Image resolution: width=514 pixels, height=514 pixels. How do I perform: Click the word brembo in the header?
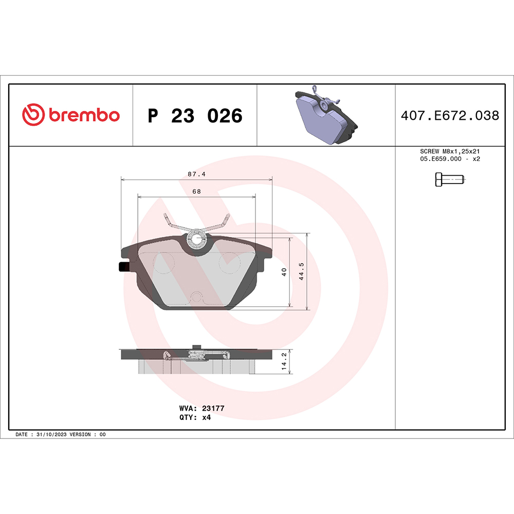[x=84, y=116]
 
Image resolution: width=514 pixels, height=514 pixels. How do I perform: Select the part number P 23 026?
[x=195, y=116]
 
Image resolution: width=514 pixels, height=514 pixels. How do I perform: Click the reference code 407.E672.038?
[x=450, y=116]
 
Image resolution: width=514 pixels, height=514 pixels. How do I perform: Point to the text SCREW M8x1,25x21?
[x=450, y=152]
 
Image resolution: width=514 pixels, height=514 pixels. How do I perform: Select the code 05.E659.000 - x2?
[x=450, y=159]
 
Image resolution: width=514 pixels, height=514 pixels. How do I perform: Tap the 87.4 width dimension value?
[x=196, y=174]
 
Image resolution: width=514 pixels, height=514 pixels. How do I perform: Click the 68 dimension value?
[x=196, y=191]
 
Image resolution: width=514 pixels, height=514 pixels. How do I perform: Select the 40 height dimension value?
[x=284, y=272]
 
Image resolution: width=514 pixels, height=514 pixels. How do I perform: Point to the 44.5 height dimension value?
[x=302, y=271]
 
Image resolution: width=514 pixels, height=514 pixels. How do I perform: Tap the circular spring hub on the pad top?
[x=196, y=239]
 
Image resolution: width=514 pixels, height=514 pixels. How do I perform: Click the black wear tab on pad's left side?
[x=123, y=267]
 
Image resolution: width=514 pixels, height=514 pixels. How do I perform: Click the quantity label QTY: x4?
[x=195, y=417]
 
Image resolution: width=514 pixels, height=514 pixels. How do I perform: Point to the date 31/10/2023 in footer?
[x=52, y=434]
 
